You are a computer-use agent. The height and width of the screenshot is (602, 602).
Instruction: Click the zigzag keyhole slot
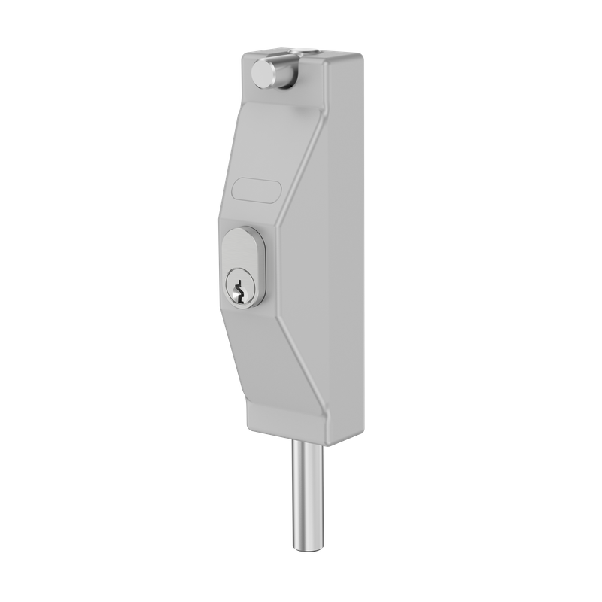coord(239,289)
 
